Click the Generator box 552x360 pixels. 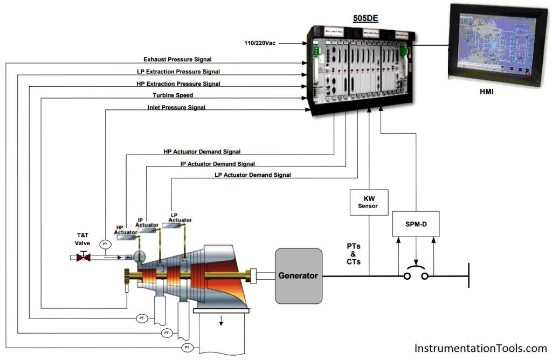298,275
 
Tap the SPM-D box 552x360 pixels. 416,224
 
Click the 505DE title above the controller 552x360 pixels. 365,18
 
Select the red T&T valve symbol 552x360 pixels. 83,258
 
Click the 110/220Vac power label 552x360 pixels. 260,43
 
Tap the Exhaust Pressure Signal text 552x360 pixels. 177,59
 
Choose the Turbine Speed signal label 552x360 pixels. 172,95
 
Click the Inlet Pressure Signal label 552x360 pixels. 176,107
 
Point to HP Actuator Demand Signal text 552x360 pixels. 202,152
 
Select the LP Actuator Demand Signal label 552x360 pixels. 252,175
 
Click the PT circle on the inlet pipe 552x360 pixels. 105,245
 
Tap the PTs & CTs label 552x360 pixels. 354,254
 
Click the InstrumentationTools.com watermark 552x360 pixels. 481,348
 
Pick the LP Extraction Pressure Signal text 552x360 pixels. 178,71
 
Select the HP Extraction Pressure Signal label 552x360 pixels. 178,84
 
